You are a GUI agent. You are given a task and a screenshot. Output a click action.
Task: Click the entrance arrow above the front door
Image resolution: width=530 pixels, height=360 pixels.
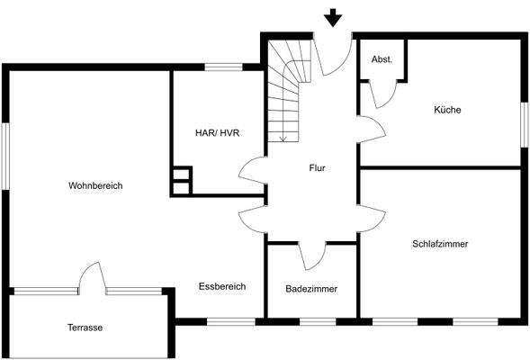click(x=334, y=17)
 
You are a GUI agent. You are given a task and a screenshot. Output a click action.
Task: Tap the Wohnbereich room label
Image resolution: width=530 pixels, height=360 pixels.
click(x=95, y=185)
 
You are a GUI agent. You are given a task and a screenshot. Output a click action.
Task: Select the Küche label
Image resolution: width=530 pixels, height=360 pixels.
click(x=447, y=110)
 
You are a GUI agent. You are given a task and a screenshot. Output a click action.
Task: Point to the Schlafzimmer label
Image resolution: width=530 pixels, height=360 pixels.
click(x=440, y=244)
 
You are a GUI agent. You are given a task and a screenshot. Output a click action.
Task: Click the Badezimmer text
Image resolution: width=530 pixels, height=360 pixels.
click(x=310, y=289)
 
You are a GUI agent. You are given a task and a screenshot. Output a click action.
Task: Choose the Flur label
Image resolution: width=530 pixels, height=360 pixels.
click(x=317, y=168)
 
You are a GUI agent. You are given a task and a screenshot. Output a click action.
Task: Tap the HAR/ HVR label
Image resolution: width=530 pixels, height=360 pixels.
click(x=217, y=132)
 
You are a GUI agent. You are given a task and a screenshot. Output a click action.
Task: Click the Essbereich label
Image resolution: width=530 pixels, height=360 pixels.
click(x=222, y=286)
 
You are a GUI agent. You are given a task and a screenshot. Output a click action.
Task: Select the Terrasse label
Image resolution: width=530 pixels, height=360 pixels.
click(x=85, y=328)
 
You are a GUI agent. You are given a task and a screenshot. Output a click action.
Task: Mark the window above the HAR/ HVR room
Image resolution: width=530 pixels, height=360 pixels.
click(x=222, y=67)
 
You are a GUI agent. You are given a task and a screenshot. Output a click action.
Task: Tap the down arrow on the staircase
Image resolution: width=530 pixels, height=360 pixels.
click(x=283, y=135)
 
